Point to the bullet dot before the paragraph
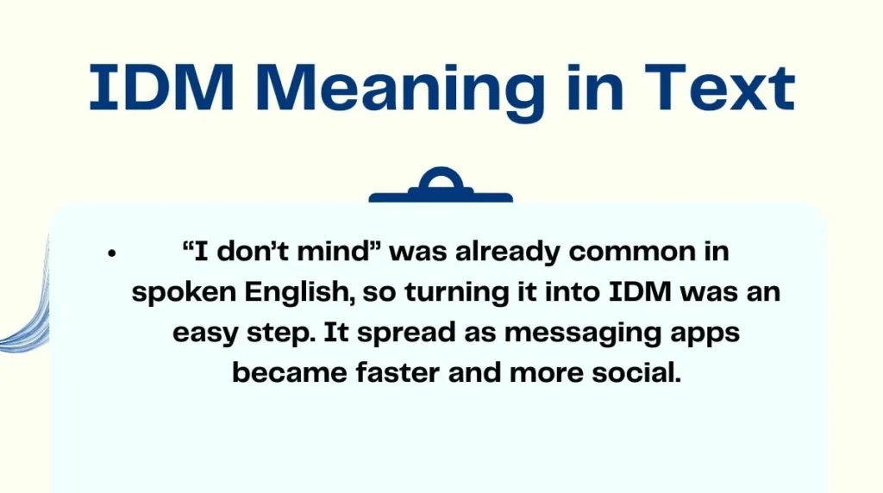[x=111, y=254]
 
